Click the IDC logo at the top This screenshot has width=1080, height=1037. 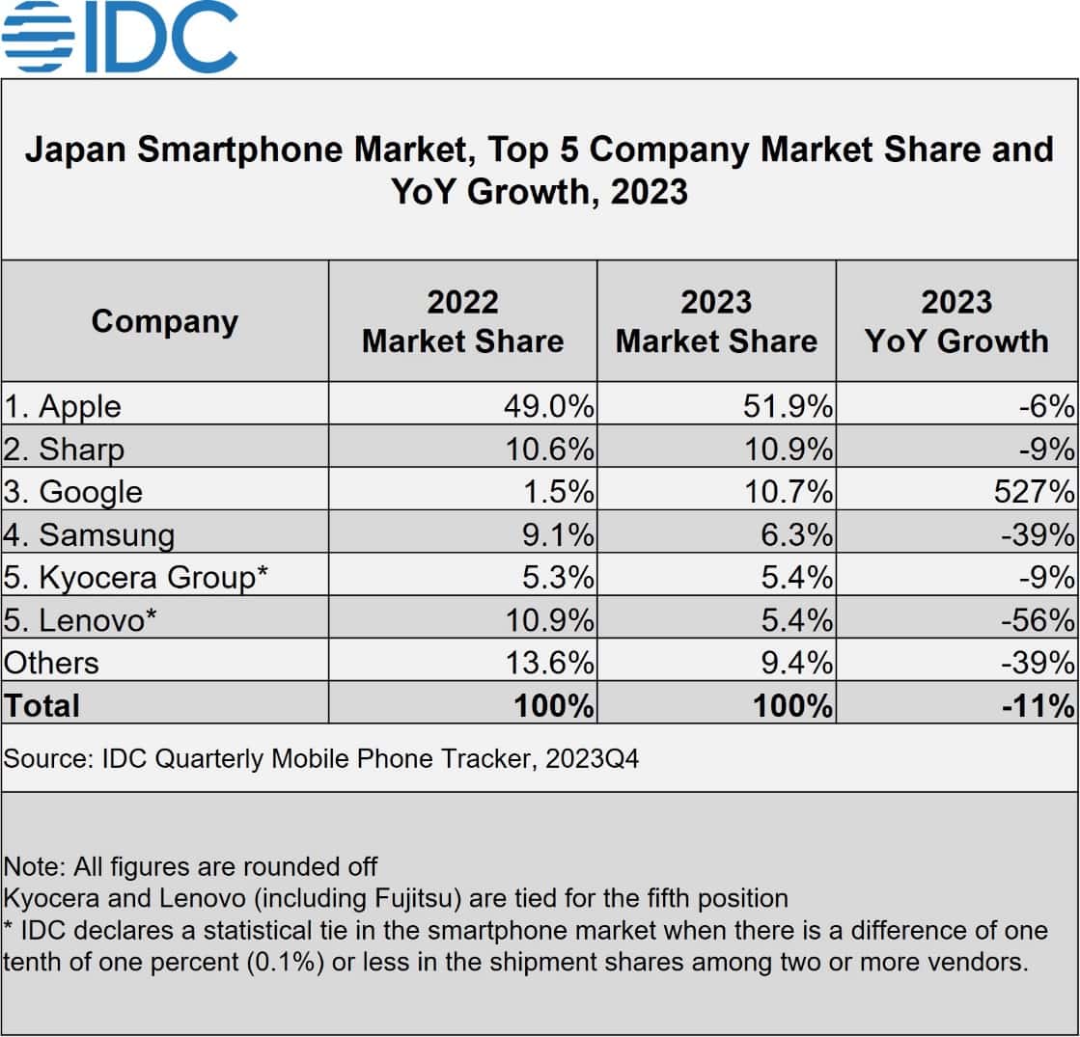point(120,37)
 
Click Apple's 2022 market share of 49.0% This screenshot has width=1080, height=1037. point(548,406)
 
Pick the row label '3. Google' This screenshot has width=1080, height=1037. point(73,492)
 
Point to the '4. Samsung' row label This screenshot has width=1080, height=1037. point(89,534)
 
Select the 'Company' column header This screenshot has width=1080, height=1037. point(164,321)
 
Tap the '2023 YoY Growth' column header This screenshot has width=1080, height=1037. point(956,321)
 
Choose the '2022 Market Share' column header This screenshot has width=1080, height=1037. point(462,321)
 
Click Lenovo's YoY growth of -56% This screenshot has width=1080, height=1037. point(1037,619)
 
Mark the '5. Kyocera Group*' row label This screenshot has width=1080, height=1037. point(135,577)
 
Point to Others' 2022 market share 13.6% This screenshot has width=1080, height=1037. point(548,663)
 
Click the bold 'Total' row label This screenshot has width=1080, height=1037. point(42,705)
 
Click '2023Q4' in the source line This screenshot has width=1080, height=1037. point(591,759)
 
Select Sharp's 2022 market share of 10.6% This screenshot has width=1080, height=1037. point(548,450)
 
